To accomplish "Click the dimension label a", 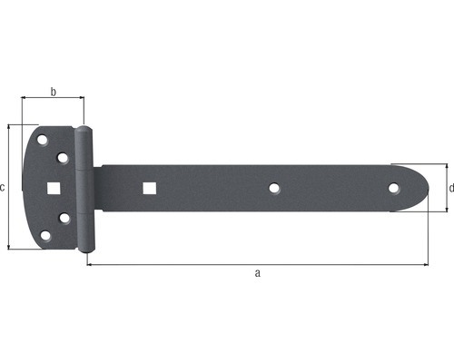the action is [257, 273].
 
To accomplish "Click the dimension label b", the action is [54, 92].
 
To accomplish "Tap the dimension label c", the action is [2, 188].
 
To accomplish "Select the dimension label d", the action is [451, 188].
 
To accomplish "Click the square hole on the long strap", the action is [150, 188].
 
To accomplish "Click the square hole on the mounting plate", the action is [54, 188].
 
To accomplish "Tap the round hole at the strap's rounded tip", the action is [393, 188].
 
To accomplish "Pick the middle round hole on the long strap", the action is [274, 188].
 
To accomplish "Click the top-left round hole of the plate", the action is [42, 140].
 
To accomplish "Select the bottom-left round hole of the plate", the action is [45, 236].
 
